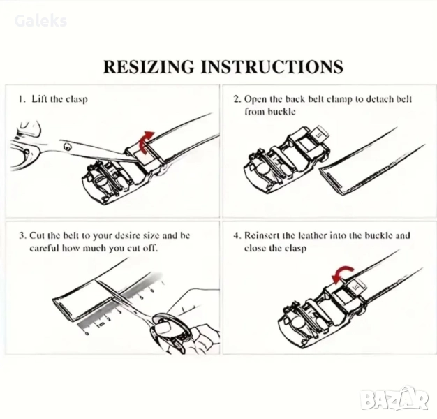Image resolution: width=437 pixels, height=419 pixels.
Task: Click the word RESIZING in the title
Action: coord(149,66)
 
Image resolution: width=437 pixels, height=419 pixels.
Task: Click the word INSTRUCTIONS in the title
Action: coord(272,66)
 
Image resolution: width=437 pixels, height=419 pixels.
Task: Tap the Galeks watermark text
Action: coord(40,21)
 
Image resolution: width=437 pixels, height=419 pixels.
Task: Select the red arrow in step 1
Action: coord(147,141)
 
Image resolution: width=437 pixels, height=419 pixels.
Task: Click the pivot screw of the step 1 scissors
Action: coord(67,146)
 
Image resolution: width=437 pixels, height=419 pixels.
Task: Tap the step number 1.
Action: coord(21,99)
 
